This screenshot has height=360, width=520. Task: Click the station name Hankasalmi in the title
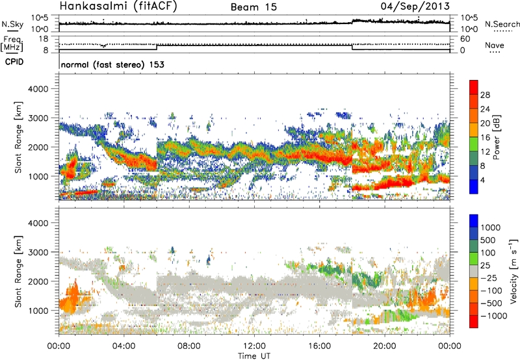click(89, 7)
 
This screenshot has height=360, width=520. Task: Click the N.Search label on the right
click(502, 24)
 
